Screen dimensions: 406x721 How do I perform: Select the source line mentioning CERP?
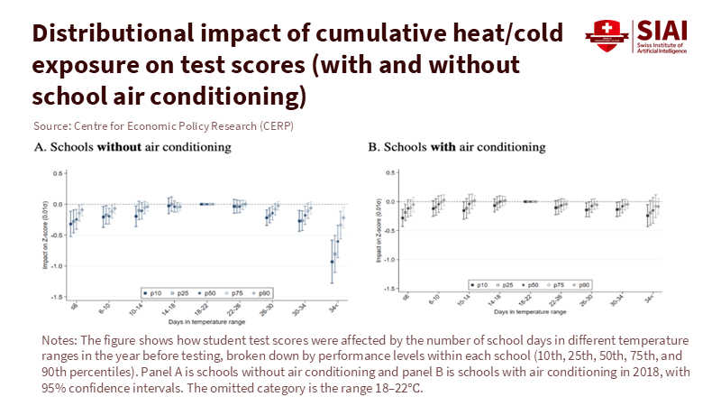162,126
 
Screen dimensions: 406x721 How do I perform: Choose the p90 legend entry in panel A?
261,292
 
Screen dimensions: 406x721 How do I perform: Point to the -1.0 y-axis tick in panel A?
57,266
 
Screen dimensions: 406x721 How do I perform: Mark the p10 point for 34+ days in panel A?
333,262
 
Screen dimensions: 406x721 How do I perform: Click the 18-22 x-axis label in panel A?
202,306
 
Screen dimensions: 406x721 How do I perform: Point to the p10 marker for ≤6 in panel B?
403,217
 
